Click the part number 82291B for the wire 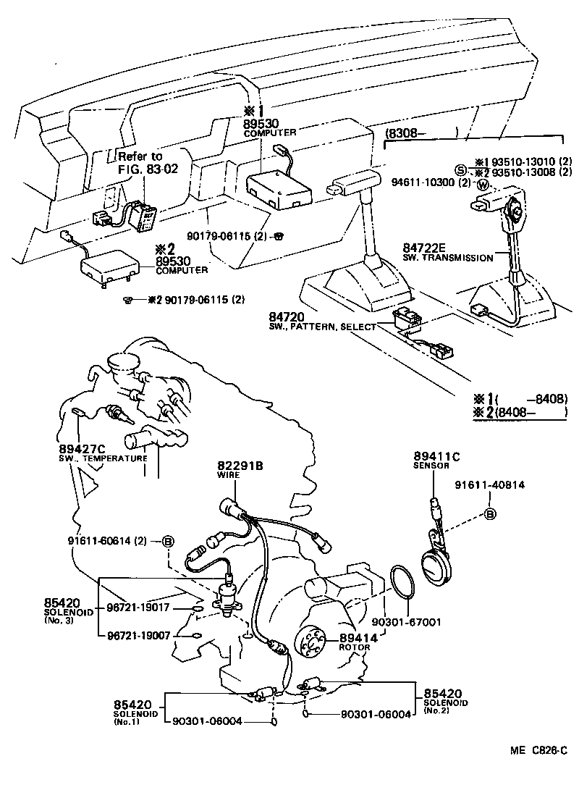tap(240, 465)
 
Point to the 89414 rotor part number tap(355, 637)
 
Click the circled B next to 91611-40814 tap(489, 515)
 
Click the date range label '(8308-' tap(405, 133)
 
